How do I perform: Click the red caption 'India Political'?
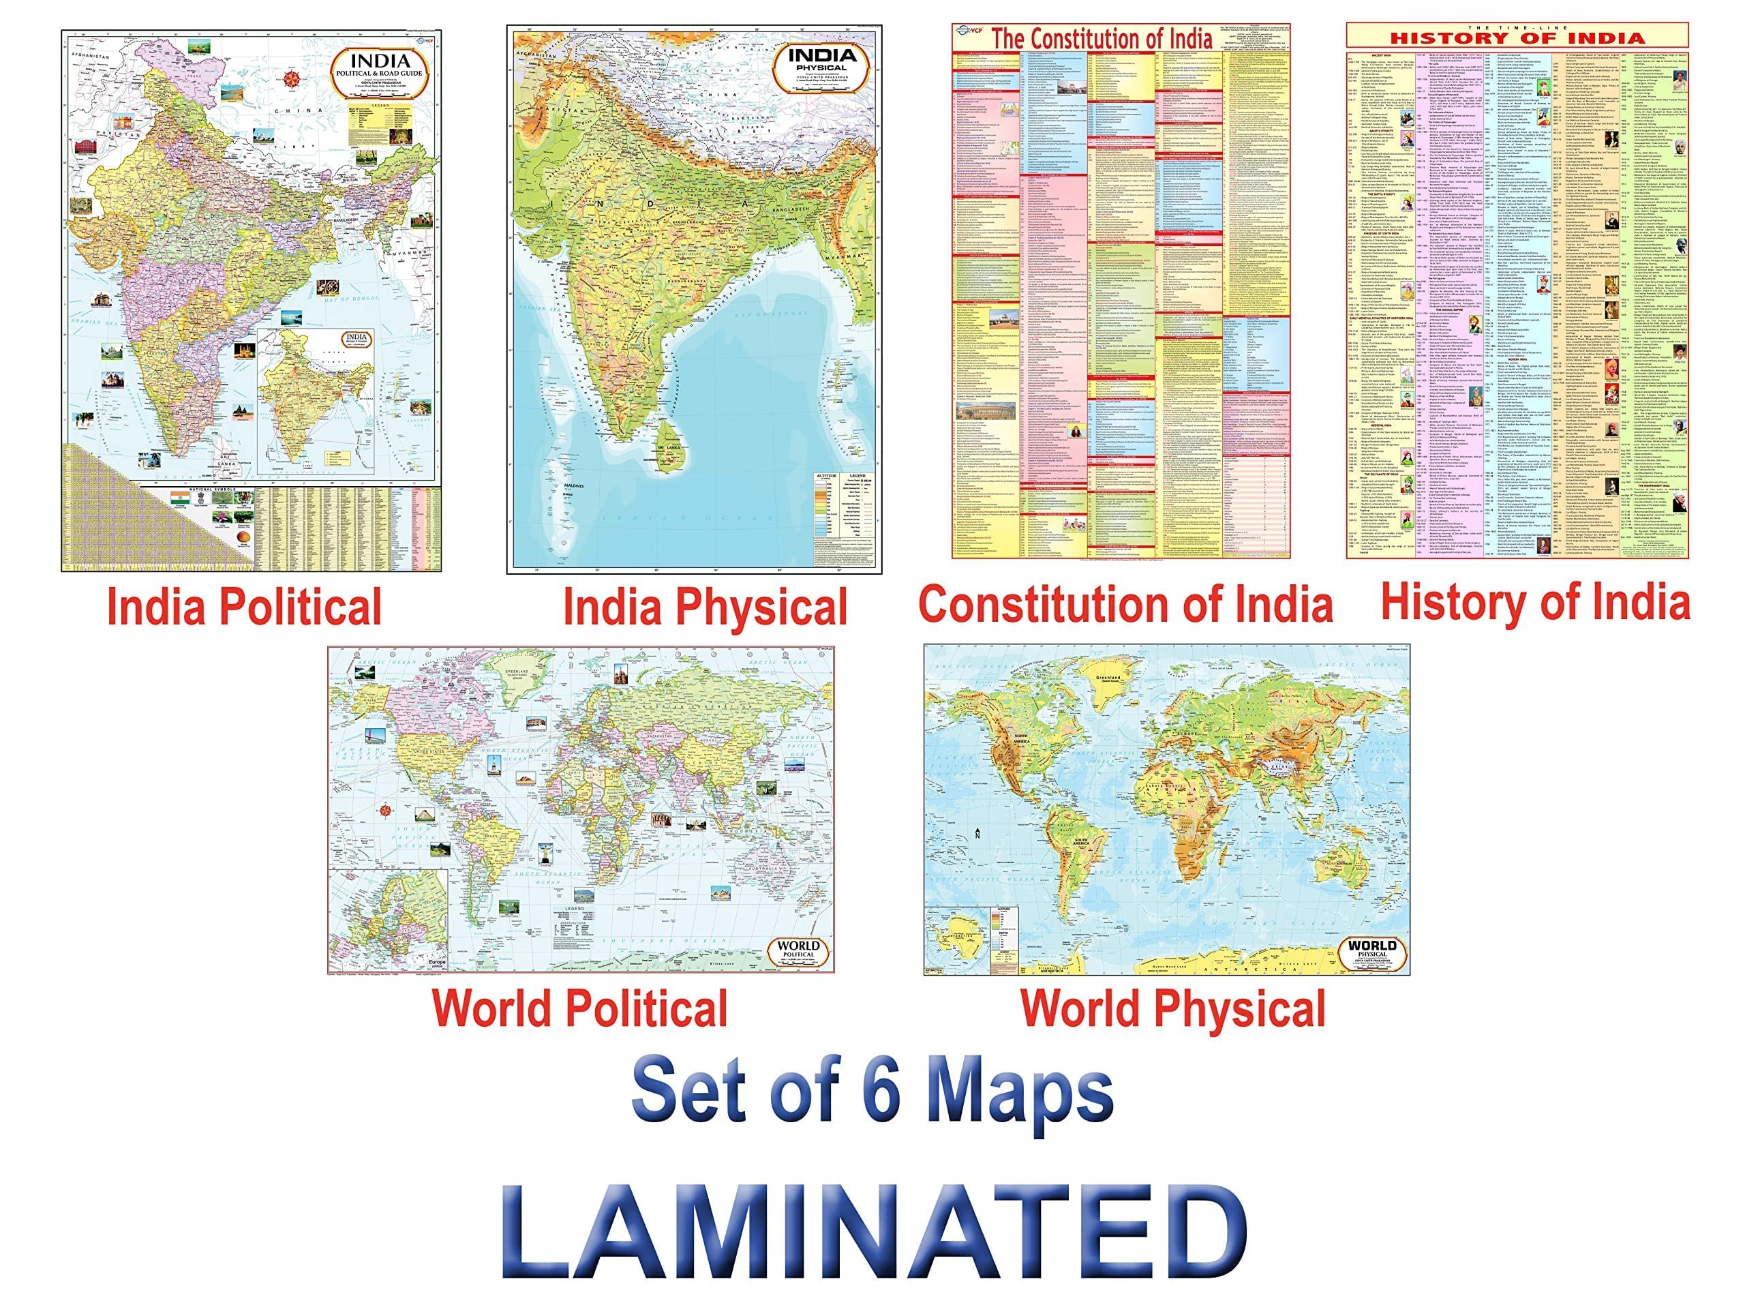(244, 607)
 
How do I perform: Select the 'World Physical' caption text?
(1173, 1008)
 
